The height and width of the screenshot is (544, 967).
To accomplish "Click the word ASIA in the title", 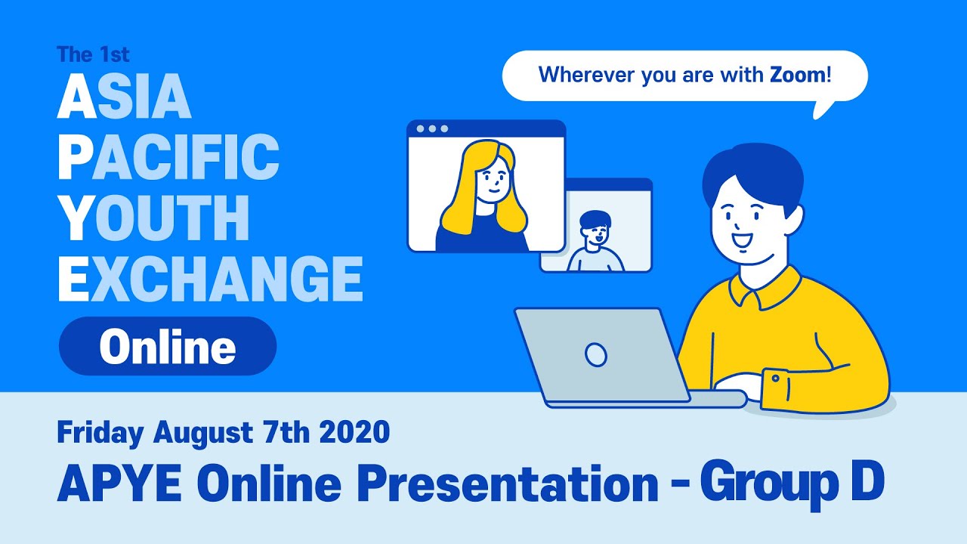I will pyautogui.click(x=124, y=97).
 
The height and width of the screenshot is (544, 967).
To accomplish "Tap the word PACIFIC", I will pyautogui.click(x=168, y=158).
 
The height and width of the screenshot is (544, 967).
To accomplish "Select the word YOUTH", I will pyautogui.click(x=153, y=218).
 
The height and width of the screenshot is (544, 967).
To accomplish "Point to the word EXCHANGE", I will pyautogui.click(x=210, y=279).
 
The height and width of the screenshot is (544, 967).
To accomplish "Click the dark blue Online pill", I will pyautogui.click(x=168, y=347).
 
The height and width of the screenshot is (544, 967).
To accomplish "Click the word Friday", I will pyautogui.click(x=100, y=433).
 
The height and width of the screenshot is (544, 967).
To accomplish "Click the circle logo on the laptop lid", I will pyautogui.click(x=596, y=354).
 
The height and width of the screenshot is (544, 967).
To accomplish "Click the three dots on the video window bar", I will pyautogui.click(x=432, y=128).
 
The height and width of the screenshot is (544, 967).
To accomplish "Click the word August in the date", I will pyautogui.click(x=202, y=433).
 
